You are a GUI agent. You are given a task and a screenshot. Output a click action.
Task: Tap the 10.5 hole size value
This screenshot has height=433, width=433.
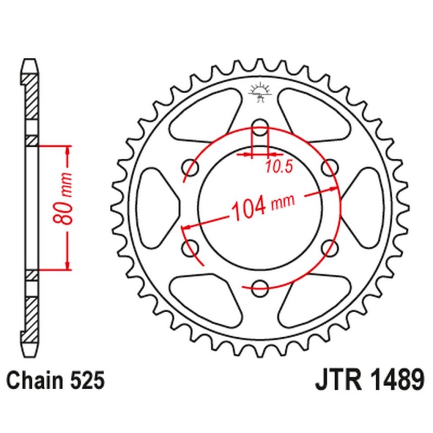pos(279,167)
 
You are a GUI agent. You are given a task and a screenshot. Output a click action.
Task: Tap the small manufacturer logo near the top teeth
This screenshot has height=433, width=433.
pos(260,91)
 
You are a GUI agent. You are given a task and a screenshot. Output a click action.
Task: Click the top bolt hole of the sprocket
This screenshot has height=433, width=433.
pos(260,123)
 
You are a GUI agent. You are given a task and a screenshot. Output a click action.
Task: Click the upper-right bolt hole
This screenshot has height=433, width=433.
pos(329,165)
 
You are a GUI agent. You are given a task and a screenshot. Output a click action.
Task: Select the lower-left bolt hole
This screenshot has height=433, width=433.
pos(190,247)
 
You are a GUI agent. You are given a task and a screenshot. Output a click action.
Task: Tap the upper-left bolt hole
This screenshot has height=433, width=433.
pos(190,165)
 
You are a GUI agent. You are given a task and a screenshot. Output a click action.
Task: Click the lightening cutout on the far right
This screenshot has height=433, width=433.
pos(363,206)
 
